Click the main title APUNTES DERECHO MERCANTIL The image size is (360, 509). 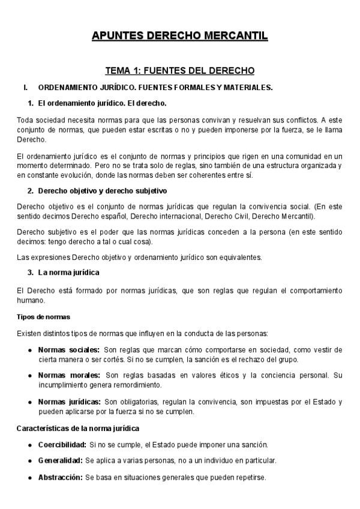(179, 37)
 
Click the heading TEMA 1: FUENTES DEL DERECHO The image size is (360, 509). (180, 71)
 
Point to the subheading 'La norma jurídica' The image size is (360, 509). (68, 273)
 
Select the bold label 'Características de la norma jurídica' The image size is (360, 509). (78, 429)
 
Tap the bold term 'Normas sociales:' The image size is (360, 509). (69, 350)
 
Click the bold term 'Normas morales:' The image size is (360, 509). (69, 375)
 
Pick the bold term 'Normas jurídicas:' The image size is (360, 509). (70, 401)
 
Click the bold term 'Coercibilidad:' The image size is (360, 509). (62, 445)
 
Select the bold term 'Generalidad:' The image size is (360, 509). (60, 461)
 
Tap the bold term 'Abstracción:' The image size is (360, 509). (60, 478)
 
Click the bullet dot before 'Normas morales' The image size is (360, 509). (30, 375)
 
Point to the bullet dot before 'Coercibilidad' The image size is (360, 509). (30, 445)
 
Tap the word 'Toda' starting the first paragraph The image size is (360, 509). (25, 119)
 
